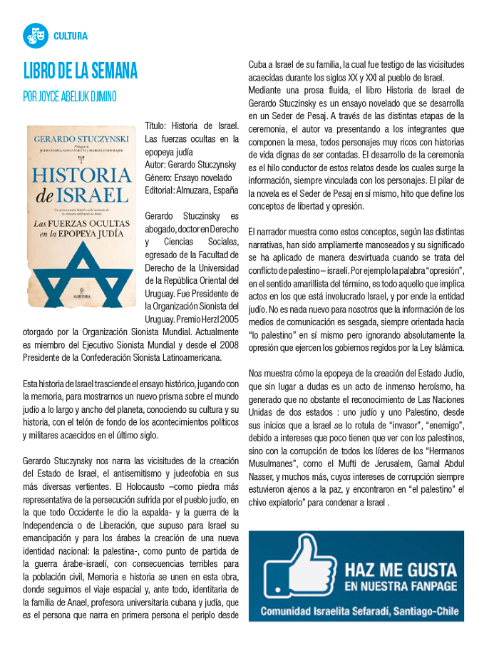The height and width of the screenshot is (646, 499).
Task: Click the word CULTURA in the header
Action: [71, 36]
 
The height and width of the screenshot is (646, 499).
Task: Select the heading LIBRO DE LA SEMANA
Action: [80, 72]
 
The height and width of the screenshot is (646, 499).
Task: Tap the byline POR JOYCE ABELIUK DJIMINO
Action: [70, 96]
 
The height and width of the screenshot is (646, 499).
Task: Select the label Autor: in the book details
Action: [157, 165]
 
